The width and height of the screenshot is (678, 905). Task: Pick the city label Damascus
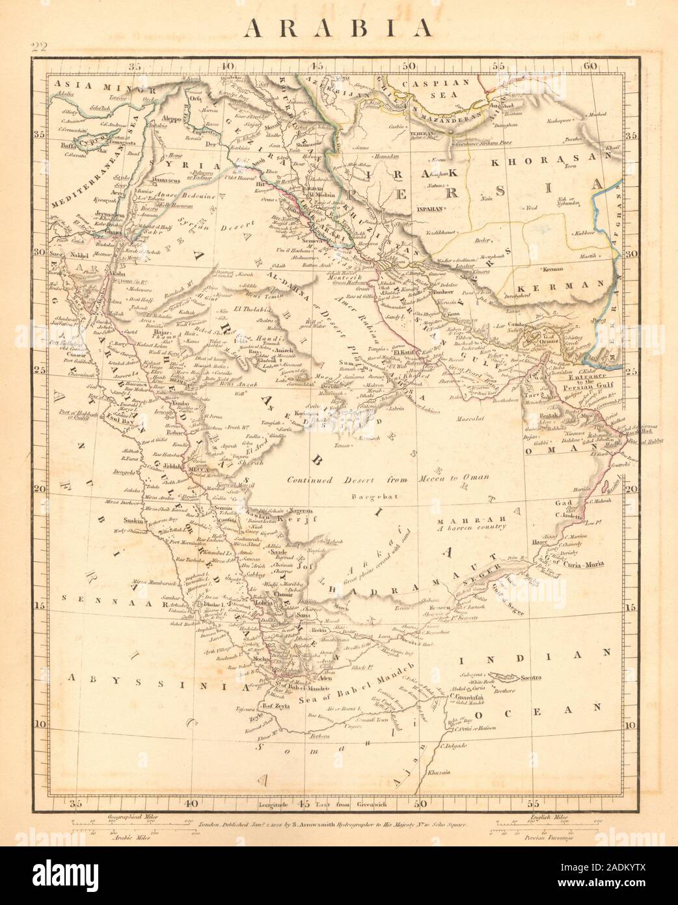[x=154, y=177]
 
